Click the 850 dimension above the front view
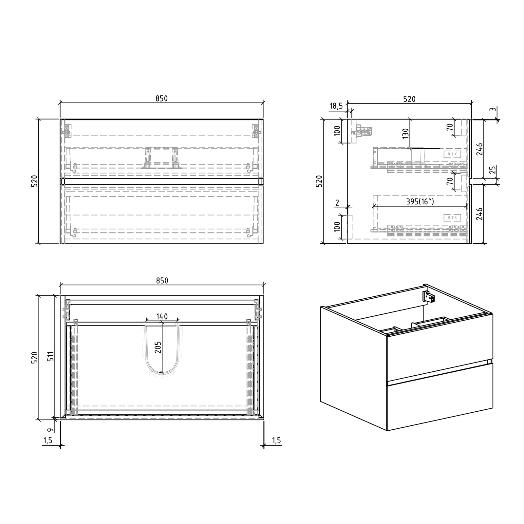tap(161, 99)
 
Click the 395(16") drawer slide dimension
tap(420, 202)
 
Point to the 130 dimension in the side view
tap(405, 135)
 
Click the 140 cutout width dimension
tap(162, 316)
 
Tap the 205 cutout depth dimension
tap(158, 347)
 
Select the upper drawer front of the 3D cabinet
tap(440, 347)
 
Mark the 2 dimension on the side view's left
tap(337, 203)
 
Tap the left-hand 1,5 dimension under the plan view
tap(48, 440)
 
